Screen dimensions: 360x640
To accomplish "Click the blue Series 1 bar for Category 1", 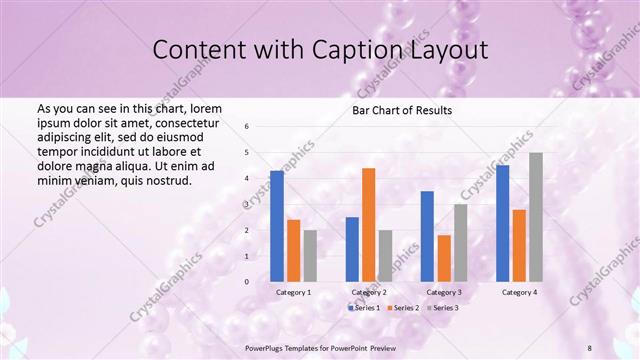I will click(277, 226).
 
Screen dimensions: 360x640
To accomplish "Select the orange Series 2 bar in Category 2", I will click(368, 225).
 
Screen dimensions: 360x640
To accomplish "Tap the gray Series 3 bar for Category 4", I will click(536, 217).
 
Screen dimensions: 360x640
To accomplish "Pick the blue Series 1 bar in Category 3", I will click(427, 236).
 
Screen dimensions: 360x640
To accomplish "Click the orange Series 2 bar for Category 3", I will click(443, 258).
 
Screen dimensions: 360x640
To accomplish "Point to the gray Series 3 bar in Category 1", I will click(310, 256).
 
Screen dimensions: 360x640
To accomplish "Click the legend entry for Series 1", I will click(365, 307).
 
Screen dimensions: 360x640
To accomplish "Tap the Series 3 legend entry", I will click(445, 307).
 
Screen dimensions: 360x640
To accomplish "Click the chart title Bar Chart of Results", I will click(402, 110).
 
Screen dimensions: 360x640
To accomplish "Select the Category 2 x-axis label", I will click(368, 292).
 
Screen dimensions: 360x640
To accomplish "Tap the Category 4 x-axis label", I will click(518, 292).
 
